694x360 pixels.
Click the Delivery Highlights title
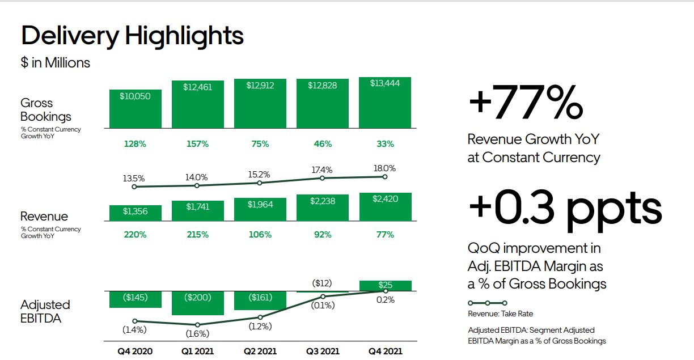(x=132, y=35)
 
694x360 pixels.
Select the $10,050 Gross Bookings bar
(x=135, y=109)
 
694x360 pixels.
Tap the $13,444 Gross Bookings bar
(x=385, y=103)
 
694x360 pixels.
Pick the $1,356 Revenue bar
(x=135, y=213)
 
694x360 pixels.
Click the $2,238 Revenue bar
(x=322, y=207)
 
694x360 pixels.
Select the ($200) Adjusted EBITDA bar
(x=197, y=303)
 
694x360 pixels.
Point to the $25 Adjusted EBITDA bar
(x=385, y=285)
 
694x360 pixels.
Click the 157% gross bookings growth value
(x=197, y=144)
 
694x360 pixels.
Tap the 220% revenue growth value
(x=135, y=234)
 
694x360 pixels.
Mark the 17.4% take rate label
(x=322, y=170)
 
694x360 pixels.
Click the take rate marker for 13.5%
(x=134, y=187)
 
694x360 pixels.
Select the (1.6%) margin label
(x=197, y=333)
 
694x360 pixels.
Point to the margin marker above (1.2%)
(x=260, y=317)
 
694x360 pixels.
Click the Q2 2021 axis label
(x=260, y=351)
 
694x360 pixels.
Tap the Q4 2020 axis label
(x=135, y=351)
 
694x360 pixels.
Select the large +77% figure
(x=526, y=104)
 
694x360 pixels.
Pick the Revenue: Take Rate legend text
(x=500, y=314)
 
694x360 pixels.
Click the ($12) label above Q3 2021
(x=322, y=283)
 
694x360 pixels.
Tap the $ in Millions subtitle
(x=56, y=62)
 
